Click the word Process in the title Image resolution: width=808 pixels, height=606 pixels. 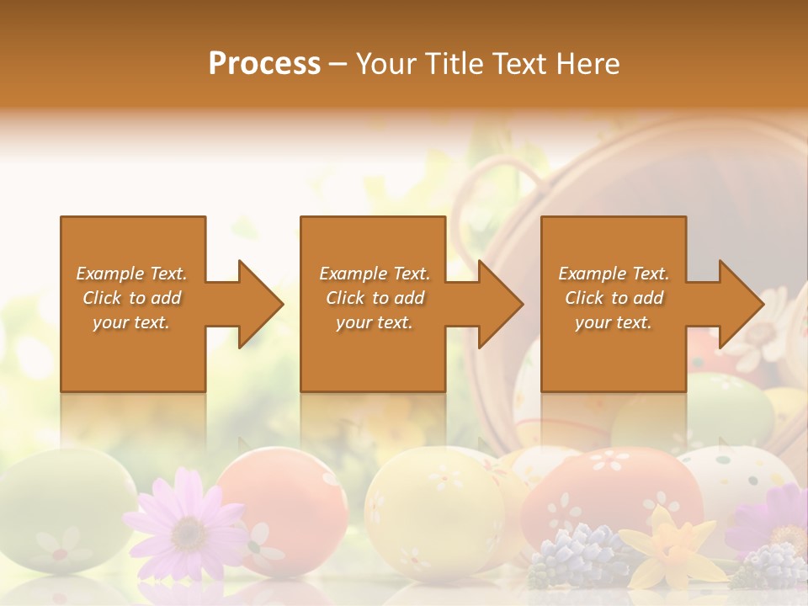264,64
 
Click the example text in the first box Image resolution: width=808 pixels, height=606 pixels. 132,298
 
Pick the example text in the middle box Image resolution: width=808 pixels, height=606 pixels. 374,298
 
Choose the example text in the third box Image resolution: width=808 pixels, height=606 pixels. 614,298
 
